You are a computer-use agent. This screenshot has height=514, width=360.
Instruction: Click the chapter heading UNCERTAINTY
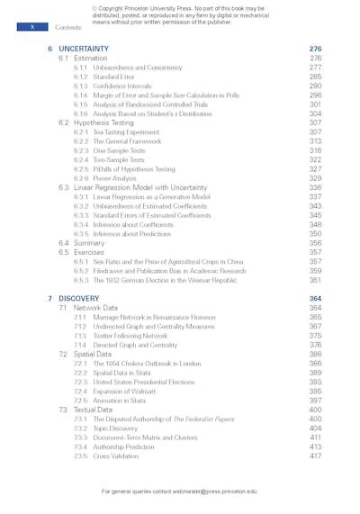[84, 49]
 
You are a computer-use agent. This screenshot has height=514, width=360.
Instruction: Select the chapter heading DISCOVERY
[79, 298]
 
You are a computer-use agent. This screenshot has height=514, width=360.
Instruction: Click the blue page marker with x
[32, 27]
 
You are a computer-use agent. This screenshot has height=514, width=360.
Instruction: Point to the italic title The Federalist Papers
[208, 419]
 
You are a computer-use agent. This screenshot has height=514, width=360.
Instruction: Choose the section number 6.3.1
[80, 196]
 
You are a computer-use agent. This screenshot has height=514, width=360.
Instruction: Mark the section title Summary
[89, 243]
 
